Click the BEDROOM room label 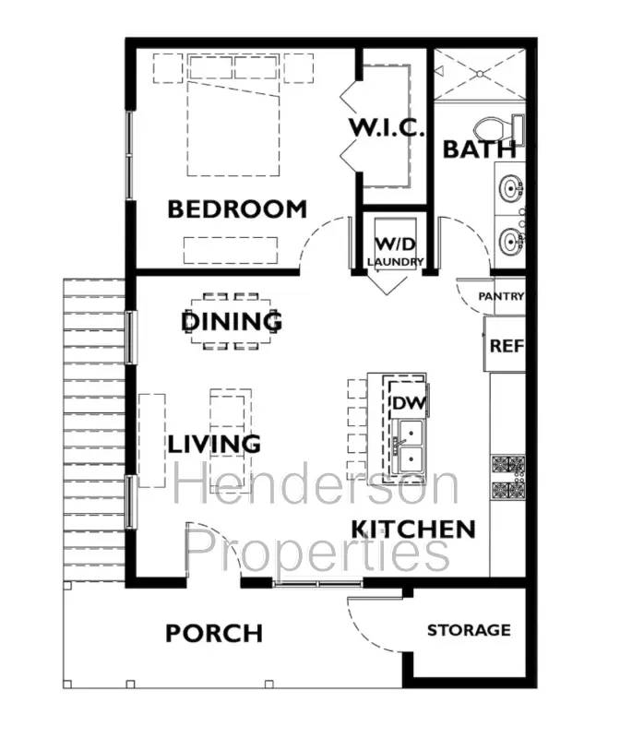236,209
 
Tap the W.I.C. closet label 386,127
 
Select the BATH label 480,149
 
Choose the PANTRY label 501,296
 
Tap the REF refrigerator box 506,346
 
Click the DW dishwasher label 406,403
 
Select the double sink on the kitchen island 407,446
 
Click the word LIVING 214,444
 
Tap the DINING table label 232,322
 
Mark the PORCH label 214,634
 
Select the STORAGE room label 468,630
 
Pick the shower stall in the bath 479,75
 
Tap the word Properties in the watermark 317,551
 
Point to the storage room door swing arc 369,624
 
